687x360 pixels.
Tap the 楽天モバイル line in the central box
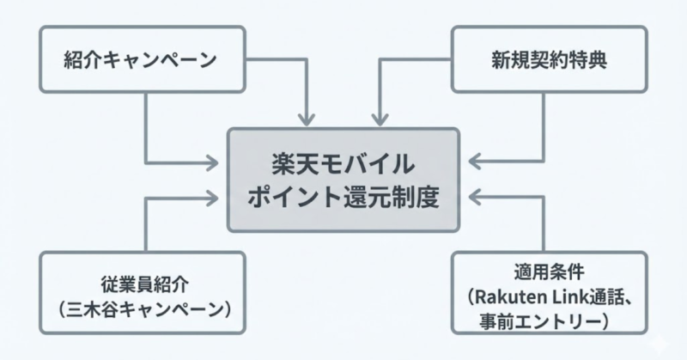[343, 163]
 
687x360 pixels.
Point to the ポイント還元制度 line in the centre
[343, 197]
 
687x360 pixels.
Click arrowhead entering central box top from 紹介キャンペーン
[308, 119]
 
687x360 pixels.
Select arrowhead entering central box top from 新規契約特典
[377, 119]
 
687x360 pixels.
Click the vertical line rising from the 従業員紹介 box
[145, 225]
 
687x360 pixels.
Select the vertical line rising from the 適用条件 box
[543, 225]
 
